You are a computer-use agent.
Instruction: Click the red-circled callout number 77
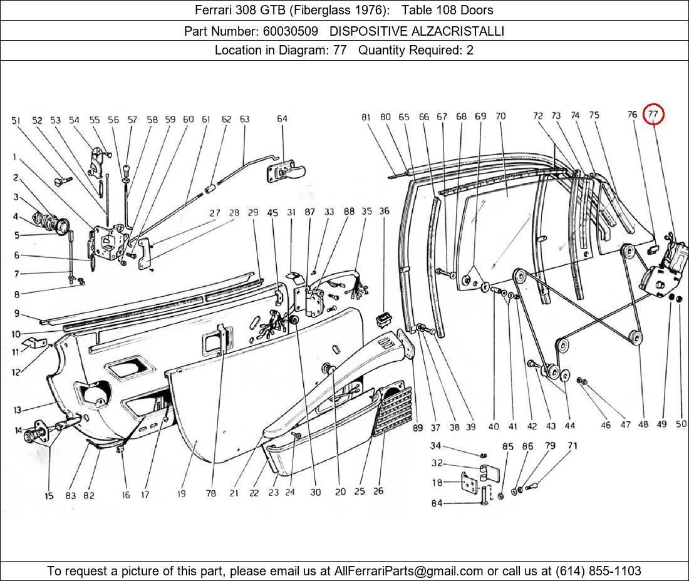[653, 114]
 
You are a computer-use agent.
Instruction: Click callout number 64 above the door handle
[282, 119]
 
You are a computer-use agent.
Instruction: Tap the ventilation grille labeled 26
[393, 411]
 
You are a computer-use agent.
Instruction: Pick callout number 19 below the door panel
[181, 494]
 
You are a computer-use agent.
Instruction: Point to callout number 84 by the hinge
[436, 503]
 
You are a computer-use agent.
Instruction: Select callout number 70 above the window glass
[500, 116]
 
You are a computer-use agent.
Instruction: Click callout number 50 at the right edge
[680, 424]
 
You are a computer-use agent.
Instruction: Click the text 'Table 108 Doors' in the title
[447, 10]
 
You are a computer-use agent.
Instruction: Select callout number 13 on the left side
[18, 410]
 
